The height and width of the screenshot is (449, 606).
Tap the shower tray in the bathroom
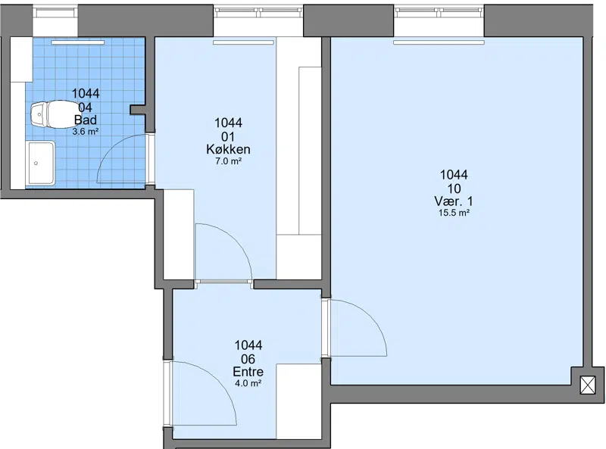pos(40,163)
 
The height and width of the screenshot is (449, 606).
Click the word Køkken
pos(228,149)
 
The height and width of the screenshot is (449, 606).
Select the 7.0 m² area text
pos(228,161)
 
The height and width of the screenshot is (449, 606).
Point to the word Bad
pos(86,120)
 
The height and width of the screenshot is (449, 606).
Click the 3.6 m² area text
pos(86,132)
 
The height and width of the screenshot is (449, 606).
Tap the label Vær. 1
pos(454,201)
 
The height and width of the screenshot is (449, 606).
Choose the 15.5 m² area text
pos(454,213)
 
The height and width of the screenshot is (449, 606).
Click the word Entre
pos(248,372)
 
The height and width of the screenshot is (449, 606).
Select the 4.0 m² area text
pos(248,383)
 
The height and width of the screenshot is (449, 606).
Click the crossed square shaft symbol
pos(588,385)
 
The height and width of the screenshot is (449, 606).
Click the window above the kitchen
pos(258,12)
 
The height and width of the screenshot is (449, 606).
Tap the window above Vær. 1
pos(439,12)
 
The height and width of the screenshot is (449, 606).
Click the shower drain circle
pos(36,163)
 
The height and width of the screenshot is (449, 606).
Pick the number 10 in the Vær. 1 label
pos(454,189)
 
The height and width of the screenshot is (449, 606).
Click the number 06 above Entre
pos(248,360)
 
